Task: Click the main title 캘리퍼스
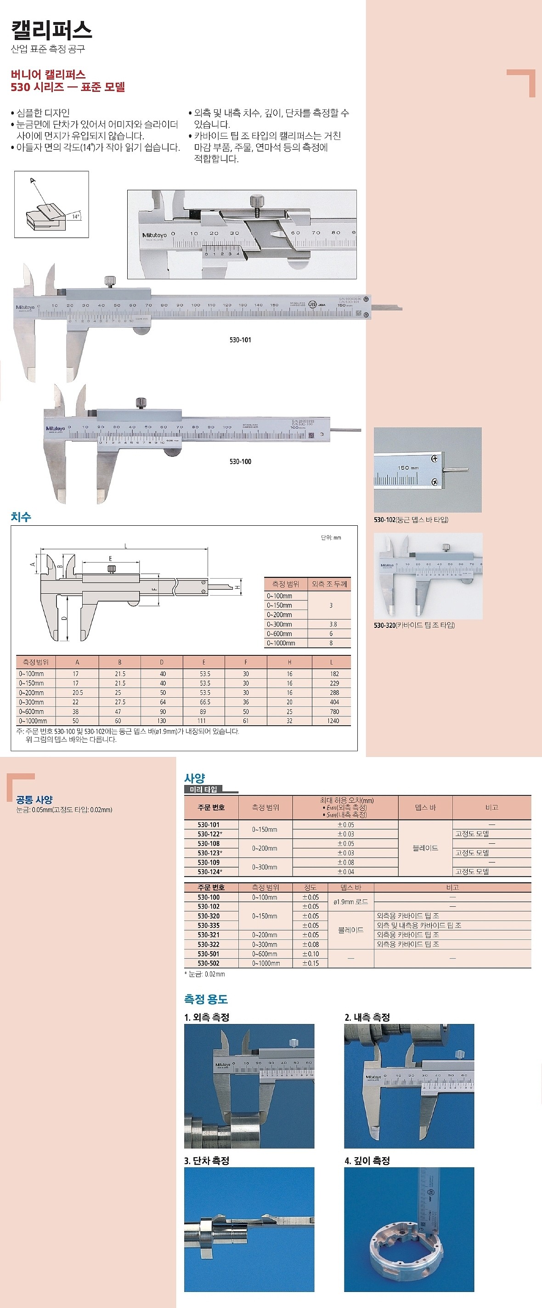pos(51,30)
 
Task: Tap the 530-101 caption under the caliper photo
pos(240,340)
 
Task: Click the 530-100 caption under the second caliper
pos(240,461)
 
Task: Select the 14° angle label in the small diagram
pos(75,216)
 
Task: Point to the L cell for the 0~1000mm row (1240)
pos(333,721)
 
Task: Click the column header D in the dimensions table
pos(162,662)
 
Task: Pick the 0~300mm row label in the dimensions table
pos(32,702)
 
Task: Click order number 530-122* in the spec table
pos(210,834)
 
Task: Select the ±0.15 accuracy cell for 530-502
pos(311,963)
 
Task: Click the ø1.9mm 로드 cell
pos(350,902)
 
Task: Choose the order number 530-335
pos(209,926)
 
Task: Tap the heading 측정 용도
pos(205,999)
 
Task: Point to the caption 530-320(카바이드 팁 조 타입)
pos(414,625)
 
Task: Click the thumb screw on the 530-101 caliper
pos(110,281)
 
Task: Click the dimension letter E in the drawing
pos(110,558)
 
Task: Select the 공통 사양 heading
pos(34,800)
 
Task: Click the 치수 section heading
pos(21,517)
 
